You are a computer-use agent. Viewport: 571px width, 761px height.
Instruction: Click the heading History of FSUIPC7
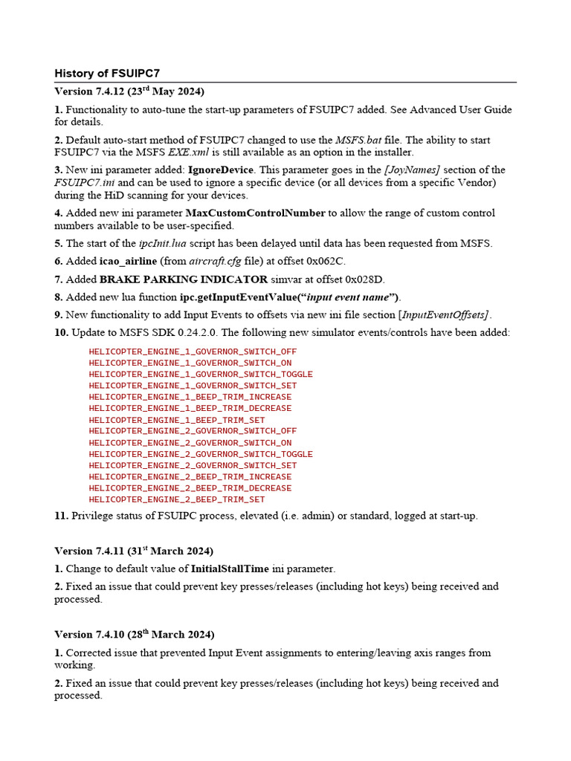(107, 74)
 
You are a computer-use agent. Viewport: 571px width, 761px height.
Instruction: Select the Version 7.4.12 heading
(130, 91)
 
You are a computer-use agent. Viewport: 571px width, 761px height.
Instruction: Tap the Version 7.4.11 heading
(134, 551)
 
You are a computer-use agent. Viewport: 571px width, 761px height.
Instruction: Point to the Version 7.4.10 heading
(134, 635)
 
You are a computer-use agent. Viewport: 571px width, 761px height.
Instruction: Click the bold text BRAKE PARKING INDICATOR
(184, 279)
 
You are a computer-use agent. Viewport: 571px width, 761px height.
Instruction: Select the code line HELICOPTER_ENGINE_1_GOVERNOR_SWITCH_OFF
(193, 352)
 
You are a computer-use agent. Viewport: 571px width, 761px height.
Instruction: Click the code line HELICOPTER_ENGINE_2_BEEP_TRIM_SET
(176, 499)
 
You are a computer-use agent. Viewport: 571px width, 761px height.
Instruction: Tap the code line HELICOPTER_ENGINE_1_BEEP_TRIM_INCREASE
(190, 397)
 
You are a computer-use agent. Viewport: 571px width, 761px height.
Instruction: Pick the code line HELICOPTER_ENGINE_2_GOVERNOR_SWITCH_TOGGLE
(200, 454)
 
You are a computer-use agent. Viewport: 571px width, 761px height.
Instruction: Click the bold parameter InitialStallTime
(230, 569)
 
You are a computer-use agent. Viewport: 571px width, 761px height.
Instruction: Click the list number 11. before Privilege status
(61, 516)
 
